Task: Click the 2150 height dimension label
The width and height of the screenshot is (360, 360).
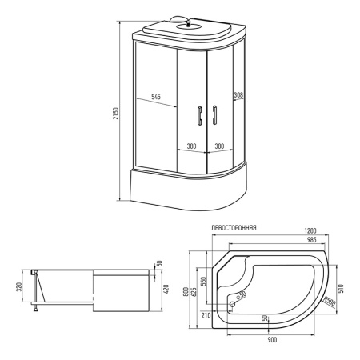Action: [115, 114]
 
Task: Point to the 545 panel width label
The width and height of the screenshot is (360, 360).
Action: [156, 97]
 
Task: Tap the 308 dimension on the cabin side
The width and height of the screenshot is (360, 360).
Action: [238, 94]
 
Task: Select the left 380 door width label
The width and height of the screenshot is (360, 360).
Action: [191, 146]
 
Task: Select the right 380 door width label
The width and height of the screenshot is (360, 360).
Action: [219, 146]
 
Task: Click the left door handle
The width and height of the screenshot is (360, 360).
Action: [199, 115]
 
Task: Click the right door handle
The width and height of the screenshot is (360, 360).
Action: [214, 115]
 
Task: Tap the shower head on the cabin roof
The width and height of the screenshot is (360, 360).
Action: [188, 24]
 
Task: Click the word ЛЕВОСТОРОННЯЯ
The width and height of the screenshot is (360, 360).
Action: [234, 228]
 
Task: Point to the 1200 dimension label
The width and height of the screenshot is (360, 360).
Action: [310, 230]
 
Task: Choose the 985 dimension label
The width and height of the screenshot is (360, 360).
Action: [311, 239]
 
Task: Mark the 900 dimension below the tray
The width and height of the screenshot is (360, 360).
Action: [272, 340]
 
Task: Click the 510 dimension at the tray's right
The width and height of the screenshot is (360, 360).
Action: [342, 288]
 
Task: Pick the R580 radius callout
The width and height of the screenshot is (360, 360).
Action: [330, 301]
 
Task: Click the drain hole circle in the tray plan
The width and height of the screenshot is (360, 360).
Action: [232, 304]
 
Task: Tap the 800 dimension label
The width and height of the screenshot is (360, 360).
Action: [186, 292]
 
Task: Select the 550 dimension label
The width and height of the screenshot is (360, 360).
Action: [203, 282]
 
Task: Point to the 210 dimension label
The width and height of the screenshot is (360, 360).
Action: [206, 315]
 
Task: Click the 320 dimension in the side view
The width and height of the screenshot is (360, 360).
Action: [19, 286]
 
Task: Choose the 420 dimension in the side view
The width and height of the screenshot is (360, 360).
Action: [166, 289]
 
